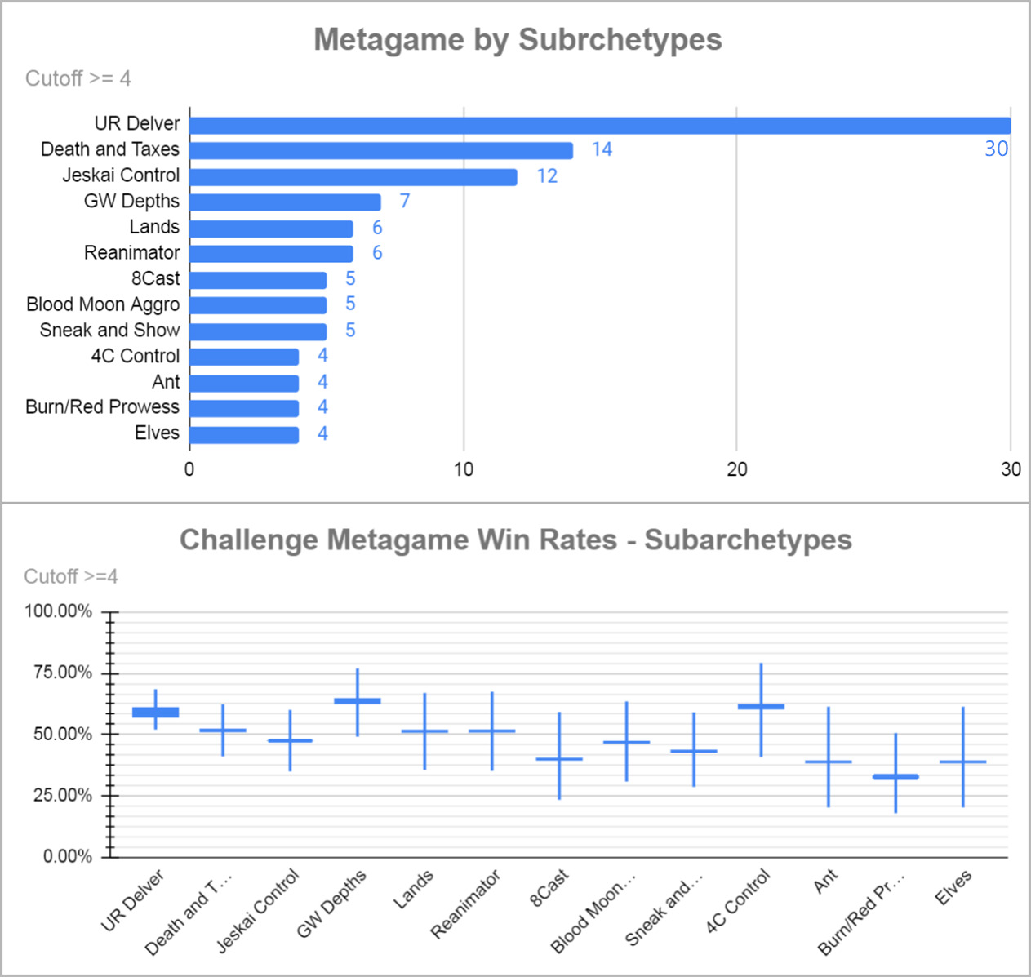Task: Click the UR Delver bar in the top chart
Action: pyautogui.click(x=600, y=125)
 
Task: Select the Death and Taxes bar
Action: pyautogui.click(x=381, y=150)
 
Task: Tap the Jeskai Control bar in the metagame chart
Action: pyautogui.click(x=353, y=176)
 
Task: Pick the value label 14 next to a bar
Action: pyautogui.click(x=602, y=149)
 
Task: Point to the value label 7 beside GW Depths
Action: pyautogui.click(x=404, y=201)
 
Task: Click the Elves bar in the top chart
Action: pyautogui.click(x=244, y=434)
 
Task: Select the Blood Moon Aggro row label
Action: pyautogui.click(x=103, y=304)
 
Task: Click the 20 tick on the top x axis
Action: pyautogui.click(x=736, y=469)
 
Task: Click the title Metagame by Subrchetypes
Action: pyautogui.click(x=518, y=39)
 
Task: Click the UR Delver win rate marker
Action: pyautogui.click(x=155, y=712)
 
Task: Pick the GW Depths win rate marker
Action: pyautogui.click(x=358, y=700)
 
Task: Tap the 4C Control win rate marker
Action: pyautogui.click(x=761, y=706)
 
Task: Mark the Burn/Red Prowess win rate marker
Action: pyautogui.click(x=895, y=776)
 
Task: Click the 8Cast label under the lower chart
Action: pyautogui.click(x=549, y=888)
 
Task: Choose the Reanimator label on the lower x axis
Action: pyautogui.click(x=465, y=904)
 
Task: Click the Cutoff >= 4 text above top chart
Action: pyautogui.click(x=78, y=78)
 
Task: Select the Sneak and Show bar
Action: pyautogui.click(x=258, y=331)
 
